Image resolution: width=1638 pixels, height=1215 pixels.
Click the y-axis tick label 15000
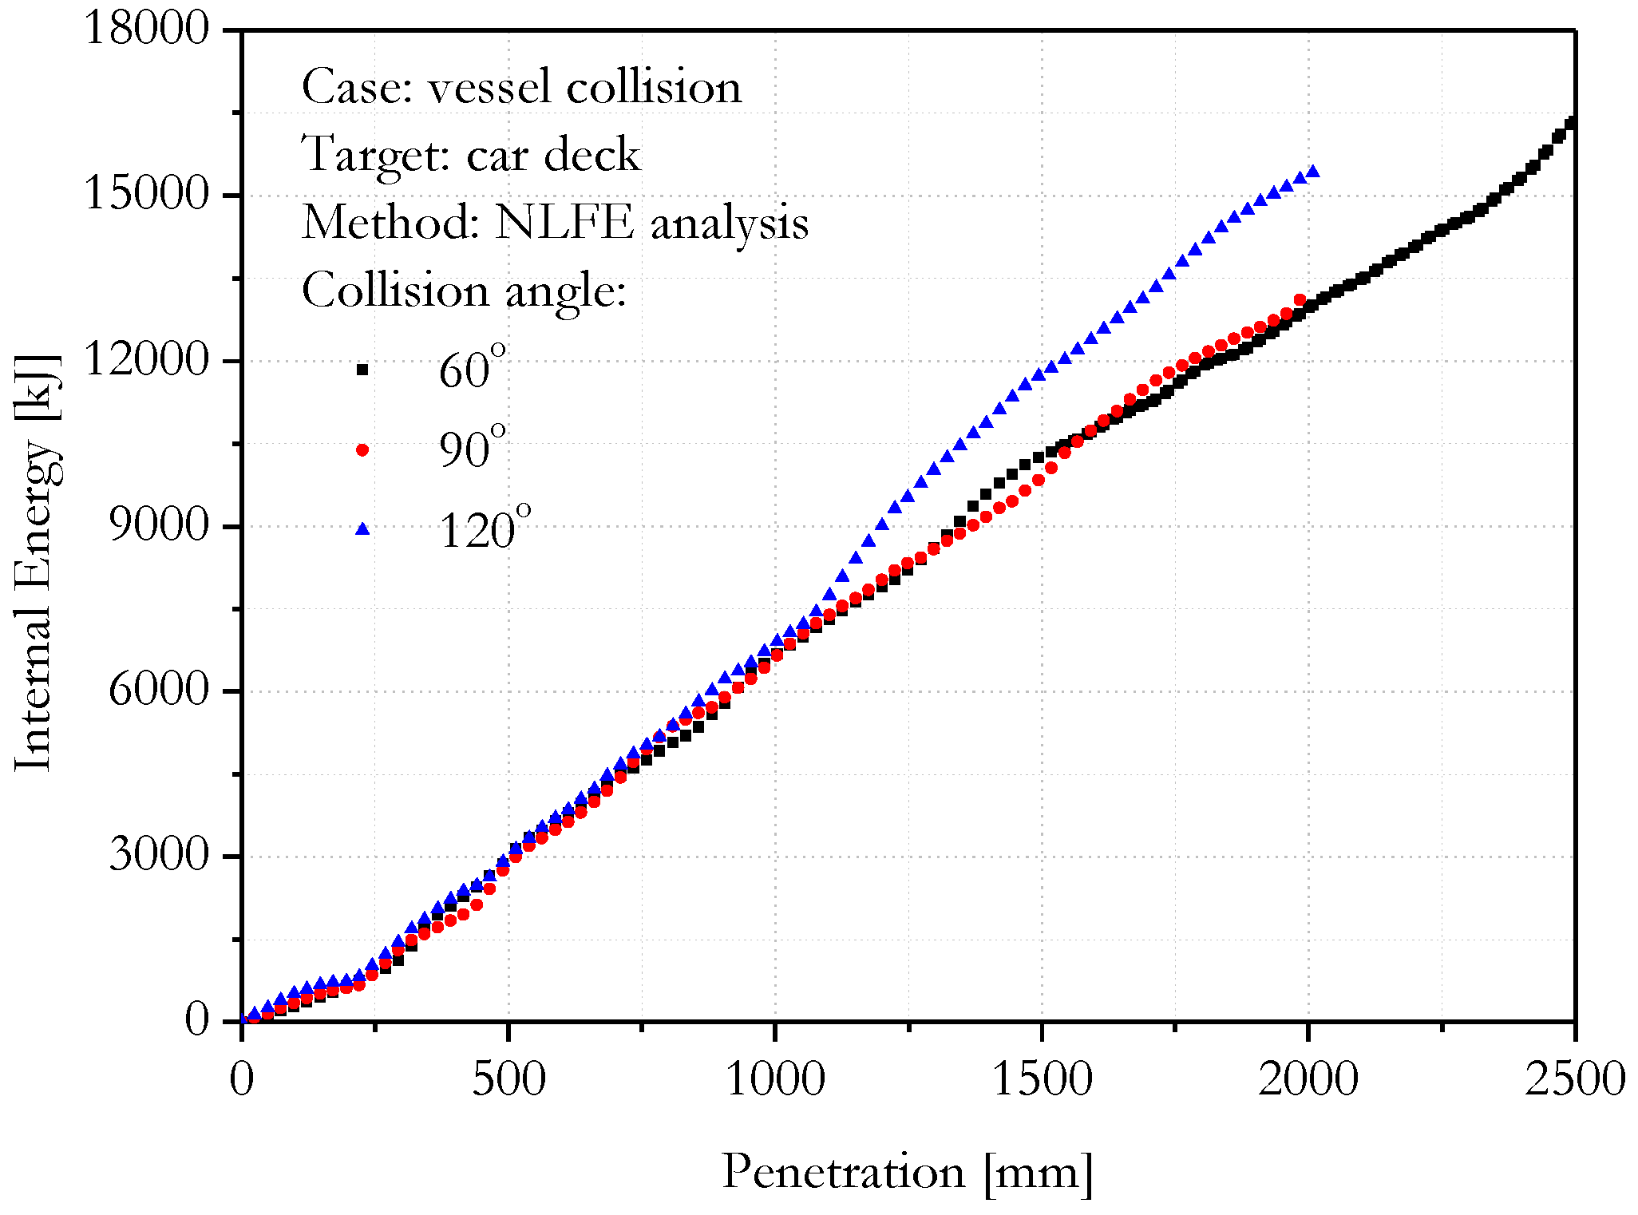click(x=145, y=194)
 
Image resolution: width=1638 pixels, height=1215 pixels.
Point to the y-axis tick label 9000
click(x=158, y=525)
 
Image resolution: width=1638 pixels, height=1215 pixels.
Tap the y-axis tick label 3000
click(x=158, y=855)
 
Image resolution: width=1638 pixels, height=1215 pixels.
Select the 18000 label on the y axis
click(x=145, y=30)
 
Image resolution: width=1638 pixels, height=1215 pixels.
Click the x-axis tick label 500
click(x=508, y=1079)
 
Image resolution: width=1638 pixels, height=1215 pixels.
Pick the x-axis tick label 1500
click(x=1042, y=1079)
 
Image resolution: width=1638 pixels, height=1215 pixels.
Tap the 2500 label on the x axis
click(x=1574, y=1079)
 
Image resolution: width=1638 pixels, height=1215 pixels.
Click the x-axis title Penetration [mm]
click(x=907, y=1172)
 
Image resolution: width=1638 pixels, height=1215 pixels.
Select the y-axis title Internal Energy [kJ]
click(x=36, y=563)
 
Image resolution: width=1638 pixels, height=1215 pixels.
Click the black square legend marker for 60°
click(x=362, y=370)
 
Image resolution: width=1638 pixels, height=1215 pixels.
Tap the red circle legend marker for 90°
click(x=362, y=450)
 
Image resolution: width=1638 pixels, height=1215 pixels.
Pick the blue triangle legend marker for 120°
click(x=362, y=528)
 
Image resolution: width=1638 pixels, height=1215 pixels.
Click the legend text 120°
click(x=484, y=528)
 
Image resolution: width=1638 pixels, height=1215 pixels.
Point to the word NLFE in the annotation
click(x=564, y=222)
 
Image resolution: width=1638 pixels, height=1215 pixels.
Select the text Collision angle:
click(x=464, y=290)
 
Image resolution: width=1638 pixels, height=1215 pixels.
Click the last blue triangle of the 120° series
click(x=1312, y=171)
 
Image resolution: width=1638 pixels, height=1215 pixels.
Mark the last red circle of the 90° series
click(x=1300, y=300)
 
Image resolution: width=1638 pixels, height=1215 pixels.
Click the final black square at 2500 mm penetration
click(x=1572, y=123)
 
